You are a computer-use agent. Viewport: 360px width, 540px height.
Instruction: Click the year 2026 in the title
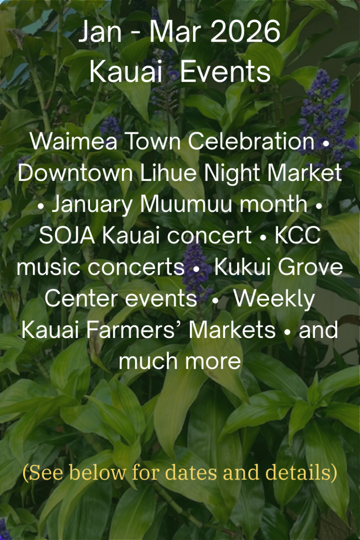pos(245,31)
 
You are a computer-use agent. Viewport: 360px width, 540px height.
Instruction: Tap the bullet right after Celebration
pos(325,143)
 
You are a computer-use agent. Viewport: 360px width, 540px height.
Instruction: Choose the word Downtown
pos(75,172)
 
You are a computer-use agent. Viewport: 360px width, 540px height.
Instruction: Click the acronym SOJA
pos(67,236)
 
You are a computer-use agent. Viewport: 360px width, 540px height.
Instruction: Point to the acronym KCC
pos(298,236)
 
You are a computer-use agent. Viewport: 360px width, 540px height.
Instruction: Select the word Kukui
pos(242,267)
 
